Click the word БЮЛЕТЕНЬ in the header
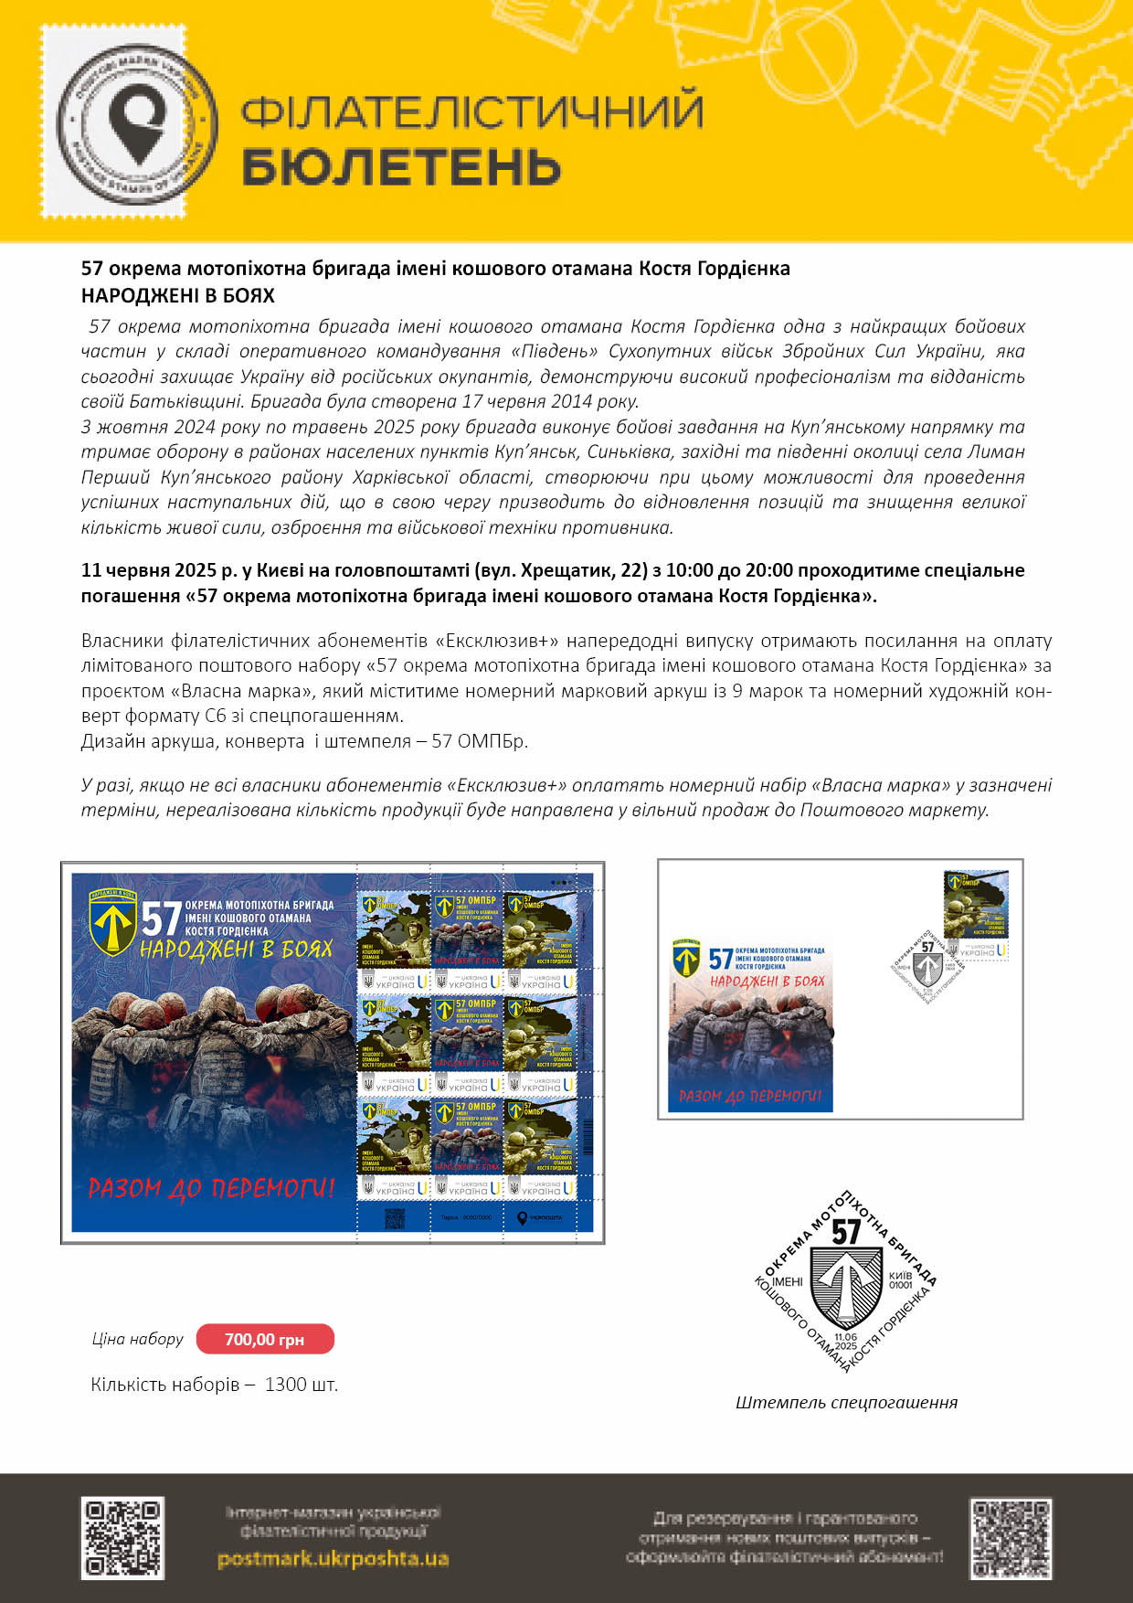[400, 167]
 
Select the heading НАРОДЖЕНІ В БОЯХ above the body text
[177, 295]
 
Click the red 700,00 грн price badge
[265, 1339]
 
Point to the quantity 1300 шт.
[302, 1385]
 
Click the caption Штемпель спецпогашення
[846, 1402]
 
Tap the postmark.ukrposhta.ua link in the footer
[333, 1558]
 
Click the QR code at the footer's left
[122, 1538]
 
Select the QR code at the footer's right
[1011, 1539]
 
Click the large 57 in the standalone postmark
[846, 1232]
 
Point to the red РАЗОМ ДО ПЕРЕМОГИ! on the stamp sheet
[211, 1188]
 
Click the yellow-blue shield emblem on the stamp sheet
[113, 922]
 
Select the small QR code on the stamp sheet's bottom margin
[394, 1218]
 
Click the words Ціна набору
[137, 1339]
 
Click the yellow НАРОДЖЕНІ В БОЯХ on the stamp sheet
[236, 950]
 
